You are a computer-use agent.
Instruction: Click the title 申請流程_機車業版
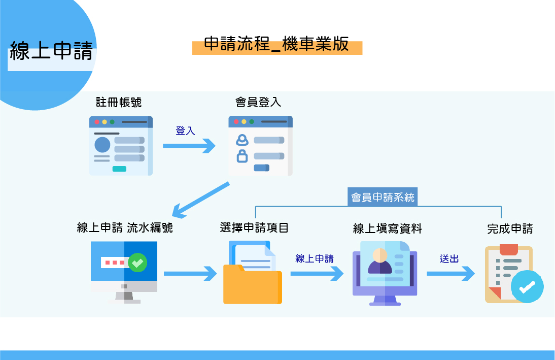point(276,44)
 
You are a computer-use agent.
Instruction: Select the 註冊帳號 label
point(119,102)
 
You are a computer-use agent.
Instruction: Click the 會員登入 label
point(258,102)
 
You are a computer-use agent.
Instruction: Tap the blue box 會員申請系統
point(383,197)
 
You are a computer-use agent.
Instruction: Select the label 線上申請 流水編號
point(125,227)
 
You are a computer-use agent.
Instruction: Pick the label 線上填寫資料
point(388,229)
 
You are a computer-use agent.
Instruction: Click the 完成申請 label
point(510,228)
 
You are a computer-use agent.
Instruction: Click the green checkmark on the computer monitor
point(137,263)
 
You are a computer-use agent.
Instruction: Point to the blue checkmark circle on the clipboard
point(527,287)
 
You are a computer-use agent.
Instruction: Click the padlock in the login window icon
point(242,156)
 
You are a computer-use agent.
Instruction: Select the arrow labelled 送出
point(450,274)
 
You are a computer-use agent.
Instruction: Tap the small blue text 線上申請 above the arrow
point(315,258)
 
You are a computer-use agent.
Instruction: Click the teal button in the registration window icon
point(120,169)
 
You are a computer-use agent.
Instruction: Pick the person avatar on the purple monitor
point(379,261)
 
